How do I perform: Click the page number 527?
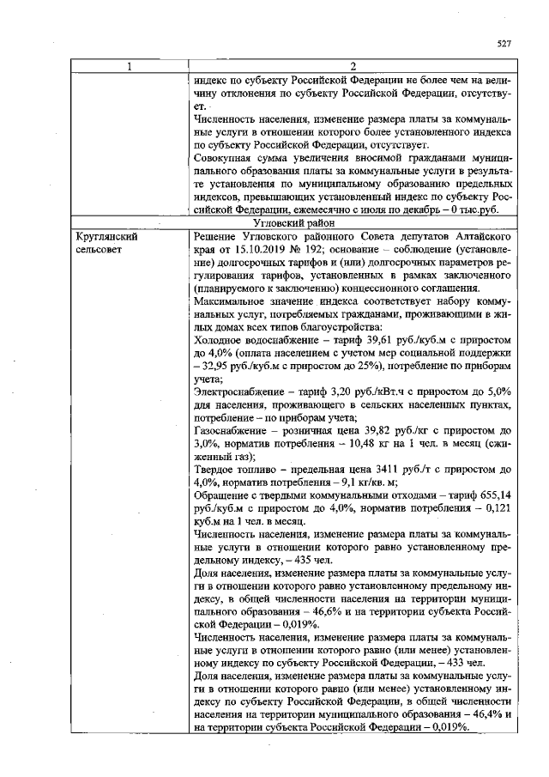tap(504, 44)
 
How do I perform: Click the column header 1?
tap(129, 68)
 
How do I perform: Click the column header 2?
tap(353, 68)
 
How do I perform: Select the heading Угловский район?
tap(352, 222)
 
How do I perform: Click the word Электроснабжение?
tap(239, 391)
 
